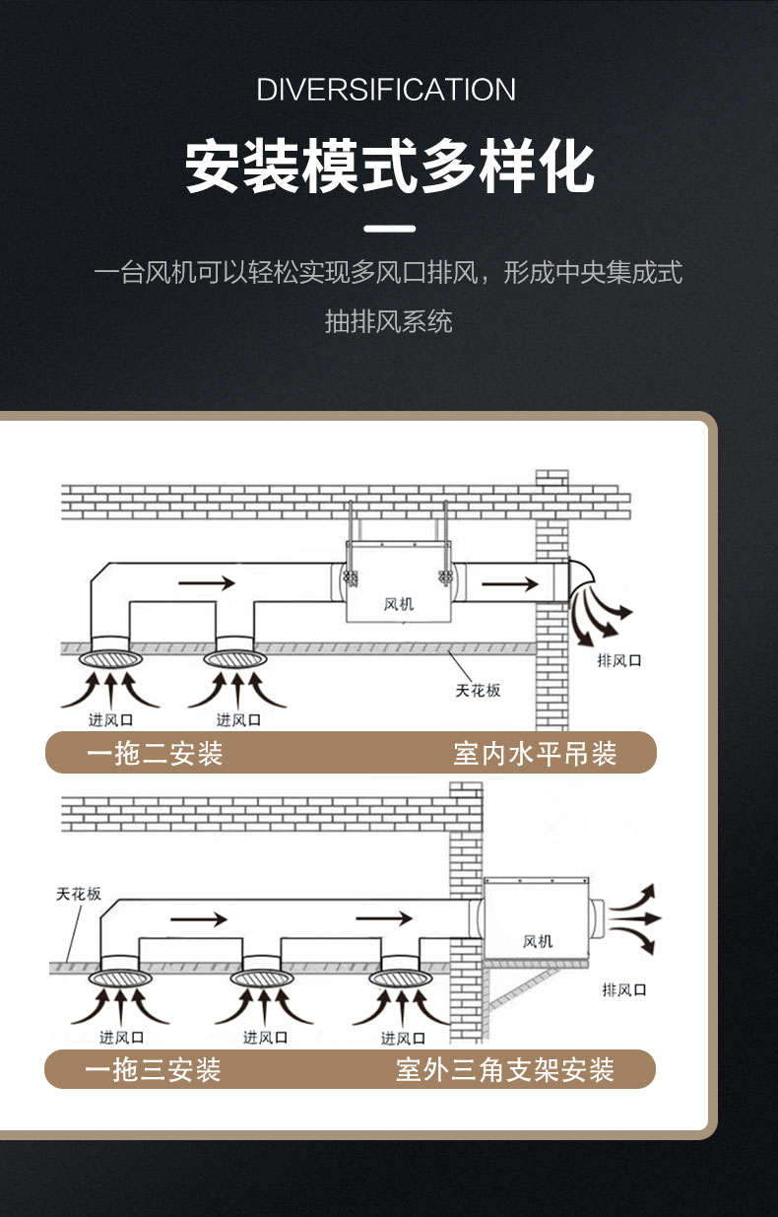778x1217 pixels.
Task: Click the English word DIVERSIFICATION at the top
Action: point(386,90)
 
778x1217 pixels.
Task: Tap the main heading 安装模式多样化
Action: point(389,168)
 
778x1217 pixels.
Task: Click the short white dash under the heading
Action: point(389,230)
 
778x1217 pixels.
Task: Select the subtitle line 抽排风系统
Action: point(389,321)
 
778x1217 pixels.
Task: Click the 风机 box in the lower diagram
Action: point(537,926)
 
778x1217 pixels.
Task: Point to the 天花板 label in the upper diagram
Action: point(478,690)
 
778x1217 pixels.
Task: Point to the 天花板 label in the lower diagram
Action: point(79,894)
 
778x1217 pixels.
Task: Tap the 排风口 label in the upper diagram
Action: point(619,660)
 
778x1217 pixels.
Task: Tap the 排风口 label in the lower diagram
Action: point(624,988)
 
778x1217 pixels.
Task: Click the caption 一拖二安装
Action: point(155,754)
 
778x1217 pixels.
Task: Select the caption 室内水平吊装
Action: point(535,754)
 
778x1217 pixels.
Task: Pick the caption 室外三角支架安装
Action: point(505,1069)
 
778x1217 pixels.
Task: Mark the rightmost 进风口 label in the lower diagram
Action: point(402,1038)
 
